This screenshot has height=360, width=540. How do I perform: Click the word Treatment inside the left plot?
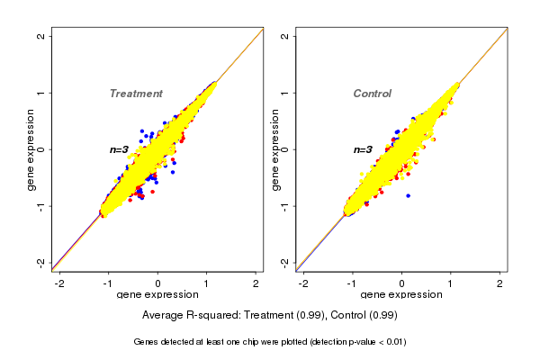point(136,94)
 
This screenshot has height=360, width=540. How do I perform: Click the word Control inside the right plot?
point(373,94)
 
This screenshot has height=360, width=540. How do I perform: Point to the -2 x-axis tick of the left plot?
point(59,283)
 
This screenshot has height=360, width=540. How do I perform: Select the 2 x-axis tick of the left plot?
point(256,283)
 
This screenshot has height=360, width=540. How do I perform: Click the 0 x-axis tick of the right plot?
point(402,283)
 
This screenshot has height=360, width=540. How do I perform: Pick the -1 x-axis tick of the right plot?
point(352,283)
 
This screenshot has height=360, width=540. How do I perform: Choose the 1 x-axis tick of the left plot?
point(208,283)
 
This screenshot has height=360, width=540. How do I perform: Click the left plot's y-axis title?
point(31,149)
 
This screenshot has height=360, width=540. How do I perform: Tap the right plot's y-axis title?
point(274,149)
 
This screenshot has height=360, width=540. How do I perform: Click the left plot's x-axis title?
point(157,295)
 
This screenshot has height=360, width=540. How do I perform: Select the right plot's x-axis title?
point(401,295)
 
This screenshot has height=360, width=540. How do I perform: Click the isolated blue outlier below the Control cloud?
point(408,195)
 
